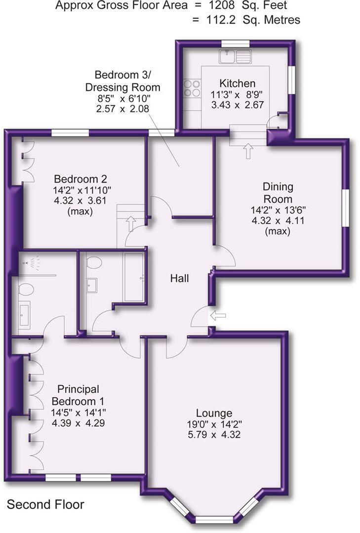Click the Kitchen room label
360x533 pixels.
(238, 83)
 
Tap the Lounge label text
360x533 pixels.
(214, 413)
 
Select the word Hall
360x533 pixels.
(180, 278)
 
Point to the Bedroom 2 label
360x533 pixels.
(80, 179)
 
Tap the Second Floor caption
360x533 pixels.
(45, 505)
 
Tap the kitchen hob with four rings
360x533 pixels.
(192, 88)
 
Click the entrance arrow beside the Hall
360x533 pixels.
(217, 315)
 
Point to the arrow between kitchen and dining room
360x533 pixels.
(247, 150)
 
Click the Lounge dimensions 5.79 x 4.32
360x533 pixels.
(214, 435)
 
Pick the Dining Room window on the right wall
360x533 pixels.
(346, 207)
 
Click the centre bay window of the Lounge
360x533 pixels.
(214, 519)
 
